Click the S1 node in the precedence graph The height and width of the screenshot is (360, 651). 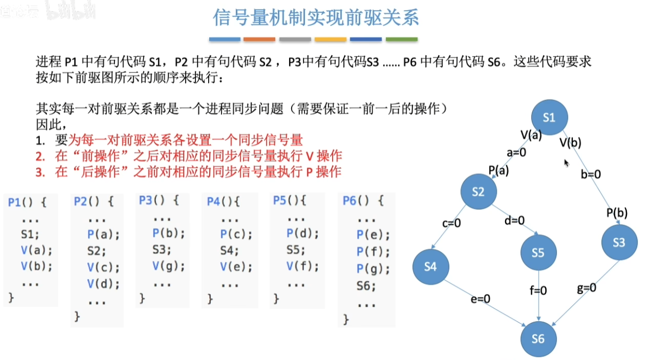[549, 117]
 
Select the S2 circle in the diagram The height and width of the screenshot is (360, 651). [479, 191]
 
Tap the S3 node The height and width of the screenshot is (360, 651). [619, 242]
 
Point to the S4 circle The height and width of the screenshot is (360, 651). [431, 267]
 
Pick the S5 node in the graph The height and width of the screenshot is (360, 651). [538, 252]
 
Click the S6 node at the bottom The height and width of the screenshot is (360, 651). [538, 339]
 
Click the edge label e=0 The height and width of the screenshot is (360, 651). [481, 299]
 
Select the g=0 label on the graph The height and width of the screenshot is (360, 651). [587, 288]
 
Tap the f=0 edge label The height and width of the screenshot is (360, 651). [538, 290]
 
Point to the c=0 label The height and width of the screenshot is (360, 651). [451, 223]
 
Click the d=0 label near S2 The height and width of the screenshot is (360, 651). [514, 220]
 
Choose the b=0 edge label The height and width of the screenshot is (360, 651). [590, 174]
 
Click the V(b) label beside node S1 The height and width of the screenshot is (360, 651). [570, 143]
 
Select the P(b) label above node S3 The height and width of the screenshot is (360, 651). [617, 213]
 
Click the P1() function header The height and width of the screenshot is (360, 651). [27, 202]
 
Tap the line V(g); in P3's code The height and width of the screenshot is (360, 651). [169, 266]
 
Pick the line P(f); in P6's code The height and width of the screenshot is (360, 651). [373, 251]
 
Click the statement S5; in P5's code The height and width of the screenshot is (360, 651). [295, 250]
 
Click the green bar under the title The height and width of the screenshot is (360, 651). [402, 39]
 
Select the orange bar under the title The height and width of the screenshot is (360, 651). [259, 39]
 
